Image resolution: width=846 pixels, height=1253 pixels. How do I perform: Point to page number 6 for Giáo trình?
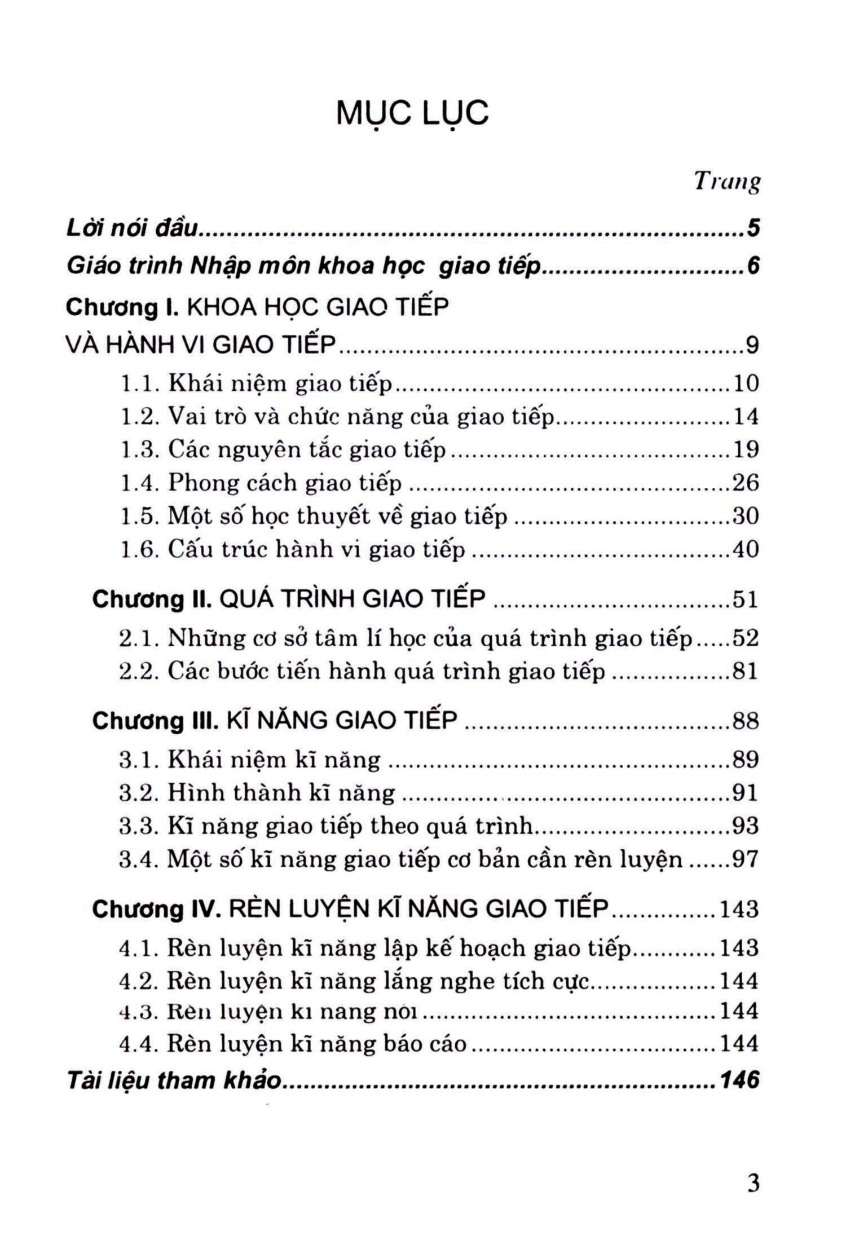click(x=753, y=266)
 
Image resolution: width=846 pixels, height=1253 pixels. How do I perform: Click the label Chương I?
click(x=122, y=308)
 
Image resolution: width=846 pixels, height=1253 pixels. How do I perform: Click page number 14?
click(x=746, y=417)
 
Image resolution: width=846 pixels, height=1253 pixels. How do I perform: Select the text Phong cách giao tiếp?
click(x=285, y=483)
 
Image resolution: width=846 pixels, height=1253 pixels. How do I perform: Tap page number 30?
click(x=746, y=516)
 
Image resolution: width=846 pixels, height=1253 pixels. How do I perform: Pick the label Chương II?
click(x=152, y=599)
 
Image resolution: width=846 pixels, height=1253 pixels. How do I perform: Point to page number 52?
click(x=746, y=638)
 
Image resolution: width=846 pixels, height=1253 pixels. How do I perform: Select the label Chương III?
click(x=155, y=721)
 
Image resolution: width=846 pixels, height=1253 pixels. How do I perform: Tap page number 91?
click(x=746, y=793)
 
